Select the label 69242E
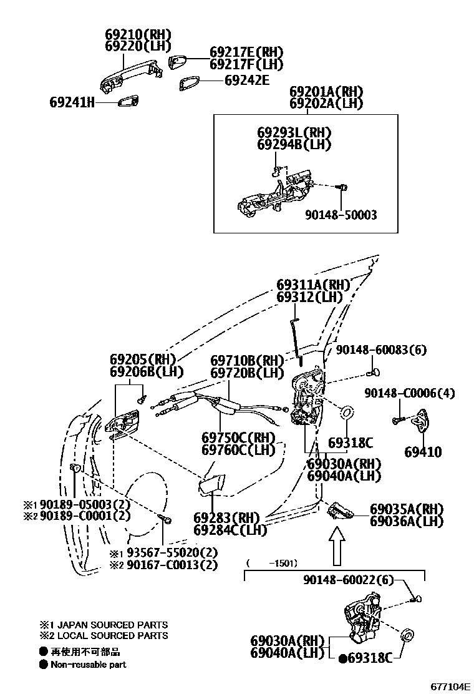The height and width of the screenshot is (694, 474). (246, 80)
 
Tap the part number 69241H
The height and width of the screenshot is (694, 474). (72, 102)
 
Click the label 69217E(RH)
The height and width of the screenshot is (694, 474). (246, 52)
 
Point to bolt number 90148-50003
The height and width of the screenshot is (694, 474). (341, 215)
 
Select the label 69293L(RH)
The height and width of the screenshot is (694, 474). (294, 132)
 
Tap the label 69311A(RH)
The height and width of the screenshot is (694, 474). (314, 285)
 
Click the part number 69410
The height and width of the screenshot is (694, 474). (422, 452)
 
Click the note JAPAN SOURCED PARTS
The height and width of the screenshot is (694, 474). (109, 625)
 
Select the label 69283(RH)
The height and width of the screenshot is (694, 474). (225, 518)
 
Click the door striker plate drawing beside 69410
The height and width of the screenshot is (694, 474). (423, 422)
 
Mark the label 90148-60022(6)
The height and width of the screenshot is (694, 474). (349, 580)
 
